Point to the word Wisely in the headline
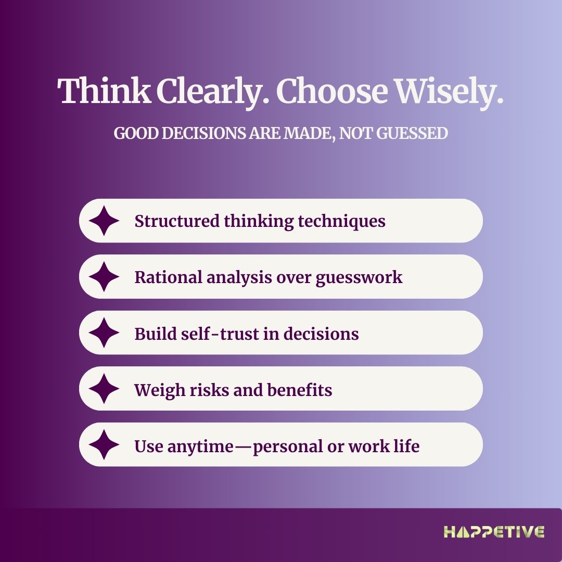pos(449,93)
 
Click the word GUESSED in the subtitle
pos(412,133)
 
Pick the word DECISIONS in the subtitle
pos(204,133)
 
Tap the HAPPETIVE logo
pos(494,532)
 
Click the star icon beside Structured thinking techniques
pos(104,221)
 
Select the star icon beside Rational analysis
pos(104,277)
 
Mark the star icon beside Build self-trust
pos(104,333)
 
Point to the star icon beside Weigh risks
pos(104,389)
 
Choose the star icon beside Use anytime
pos(104,444)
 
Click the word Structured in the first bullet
pos(177,221)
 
